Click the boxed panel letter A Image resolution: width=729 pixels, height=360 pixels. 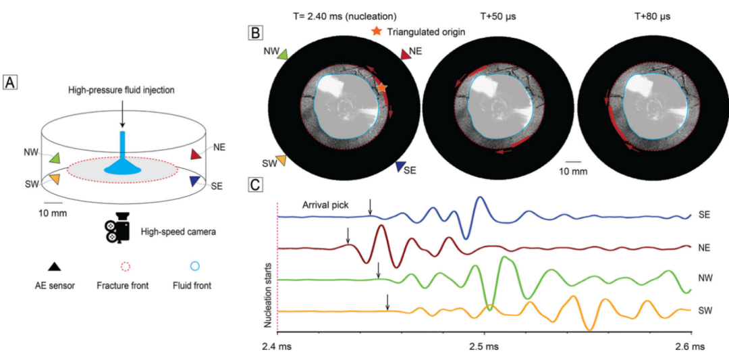coord(9,82)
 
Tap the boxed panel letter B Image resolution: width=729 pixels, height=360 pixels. coord(256,32)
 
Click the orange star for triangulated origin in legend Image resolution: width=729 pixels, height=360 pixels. coord(377,31)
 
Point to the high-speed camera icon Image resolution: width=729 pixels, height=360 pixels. coord(117,229)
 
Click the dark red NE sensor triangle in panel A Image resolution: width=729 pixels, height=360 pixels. coord(195,155)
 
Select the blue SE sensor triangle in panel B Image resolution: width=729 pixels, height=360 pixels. coord(400,167)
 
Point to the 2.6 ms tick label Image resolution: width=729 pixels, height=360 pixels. coord(690,346)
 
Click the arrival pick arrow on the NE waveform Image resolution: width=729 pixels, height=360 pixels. coord(348,236)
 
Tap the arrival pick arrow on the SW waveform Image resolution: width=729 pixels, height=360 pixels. coord(387,302)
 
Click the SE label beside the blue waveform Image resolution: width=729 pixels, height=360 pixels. coord(705,215)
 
